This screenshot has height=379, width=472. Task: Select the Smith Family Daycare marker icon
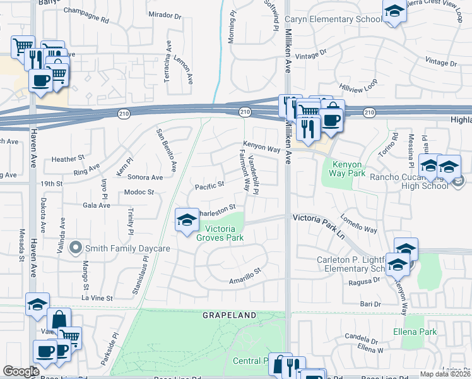(77, 248)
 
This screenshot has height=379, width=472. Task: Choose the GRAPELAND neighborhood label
(230, 315)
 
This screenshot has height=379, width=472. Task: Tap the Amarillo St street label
(245, 275)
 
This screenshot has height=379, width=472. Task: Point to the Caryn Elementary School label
(336, 19)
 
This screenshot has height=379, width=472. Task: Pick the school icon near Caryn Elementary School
(394, 12)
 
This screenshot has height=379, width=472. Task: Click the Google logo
(21, 371)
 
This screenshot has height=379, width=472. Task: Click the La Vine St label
(97, 298)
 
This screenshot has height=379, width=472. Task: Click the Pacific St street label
(210, 186)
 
